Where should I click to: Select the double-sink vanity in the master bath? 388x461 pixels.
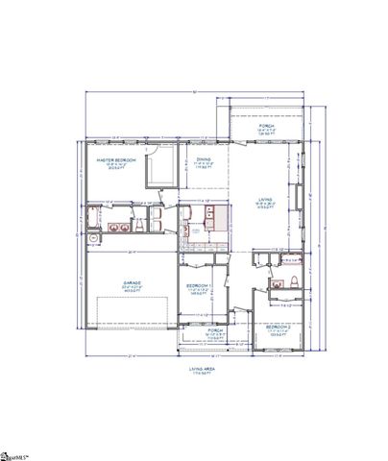(x=118, y=227)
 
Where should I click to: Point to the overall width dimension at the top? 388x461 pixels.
(x=198, y=90)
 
